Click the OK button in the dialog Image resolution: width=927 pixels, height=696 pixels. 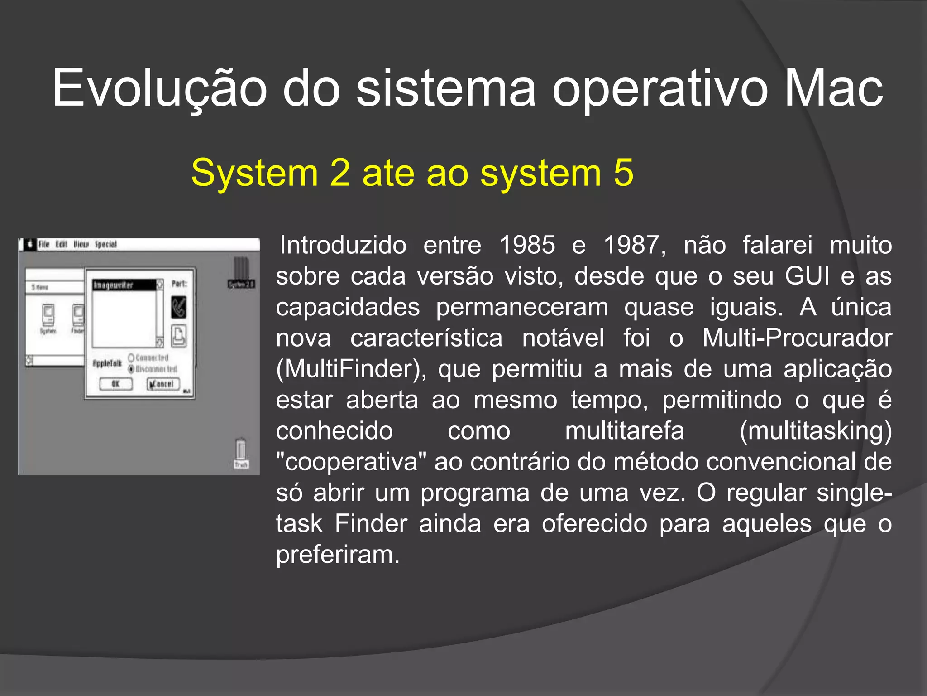pyautogui.click(x=116, y=384)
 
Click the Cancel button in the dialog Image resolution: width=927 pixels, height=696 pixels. pyautogui.click(x=163, y=384)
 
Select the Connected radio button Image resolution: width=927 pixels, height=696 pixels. pyautogui.click(x=132, y=358)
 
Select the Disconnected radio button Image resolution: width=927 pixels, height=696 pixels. pyautogui.click(x=132, y=369)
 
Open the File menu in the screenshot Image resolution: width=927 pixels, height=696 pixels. pyautogui.click(x=44, y=245)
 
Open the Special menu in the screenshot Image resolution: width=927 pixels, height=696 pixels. pyautogui.click(x=106, y=245)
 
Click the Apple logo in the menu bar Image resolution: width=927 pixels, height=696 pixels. pyautogui.click(x=30, y=245)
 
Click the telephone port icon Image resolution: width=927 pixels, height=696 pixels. pyautogui.click(x=179, y=307)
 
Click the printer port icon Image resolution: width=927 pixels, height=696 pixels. pyautogui.click(x=179, y=336)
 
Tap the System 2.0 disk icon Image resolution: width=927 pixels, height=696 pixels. pyautogui.click(x=241, y=272)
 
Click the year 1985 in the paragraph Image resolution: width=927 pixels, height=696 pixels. pyautogui.click(x=527, y=245)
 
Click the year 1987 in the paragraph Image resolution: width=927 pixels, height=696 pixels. pyautogui.click(x=634, y=245)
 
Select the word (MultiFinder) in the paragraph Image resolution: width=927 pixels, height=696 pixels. pyautogui.click(x=351, y=369)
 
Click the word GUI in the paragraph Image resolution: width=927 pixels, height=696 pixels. pyautogui.click(x=808, y=276)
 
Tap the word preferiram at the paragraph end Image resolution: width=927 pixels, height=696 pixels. pyautogui.click(x=337, y=555)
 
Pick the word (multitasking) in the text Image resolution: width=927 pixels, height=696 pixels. pyautogui.click(x=815, y=431)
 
